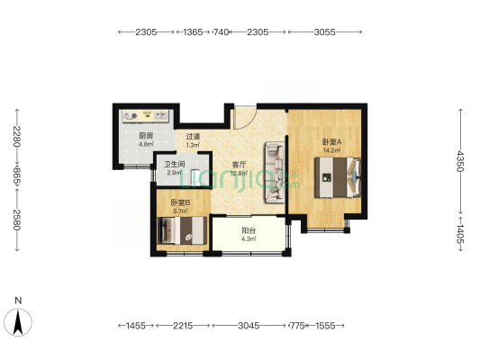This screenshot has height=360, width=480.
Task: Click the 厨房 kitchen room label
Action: (146, 136)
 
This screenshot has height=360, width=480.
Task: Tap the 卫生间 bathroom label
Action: (175, 164)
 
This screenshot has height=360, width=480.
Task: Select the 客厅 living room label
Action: (239, 165)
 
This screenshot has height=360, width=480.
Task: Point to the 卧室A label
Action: (331, 142)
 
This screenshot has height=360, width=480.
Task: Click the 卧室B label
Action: (180, 202)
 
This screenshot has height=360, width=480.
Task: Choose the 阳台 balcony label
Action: (249, 230)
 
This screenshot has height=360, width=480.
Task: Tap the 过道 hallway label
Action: (193, 137)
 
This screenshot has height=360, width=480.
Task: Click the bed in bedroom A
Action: (338, 177)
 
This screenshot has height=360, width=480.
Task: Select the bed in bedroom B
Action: (182, 230)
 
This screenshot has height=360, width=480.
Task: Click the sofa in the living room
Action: (275, 172)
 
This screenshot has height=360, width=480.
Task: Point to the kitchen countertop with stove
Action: (145, 116)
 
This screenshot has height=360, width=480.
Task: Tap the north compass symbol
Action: (18, 322)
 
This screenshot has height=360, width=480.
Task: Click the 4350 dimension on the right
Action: (460, 161)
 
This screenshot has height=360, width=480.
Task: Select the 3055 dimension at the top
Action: (324, 31)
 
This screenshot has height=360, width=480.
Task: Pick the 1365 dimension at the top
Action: (193, 31)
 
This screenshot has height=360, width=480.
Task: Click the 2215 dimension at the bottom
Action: (183, 326)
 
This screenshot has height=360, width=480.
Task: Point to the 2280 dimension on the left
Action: (17, 137)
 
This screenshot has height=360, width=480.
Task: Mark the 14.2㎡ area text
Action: (331, 150)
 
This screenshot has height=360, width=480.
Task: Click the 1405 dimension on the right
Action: (460, 234)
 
